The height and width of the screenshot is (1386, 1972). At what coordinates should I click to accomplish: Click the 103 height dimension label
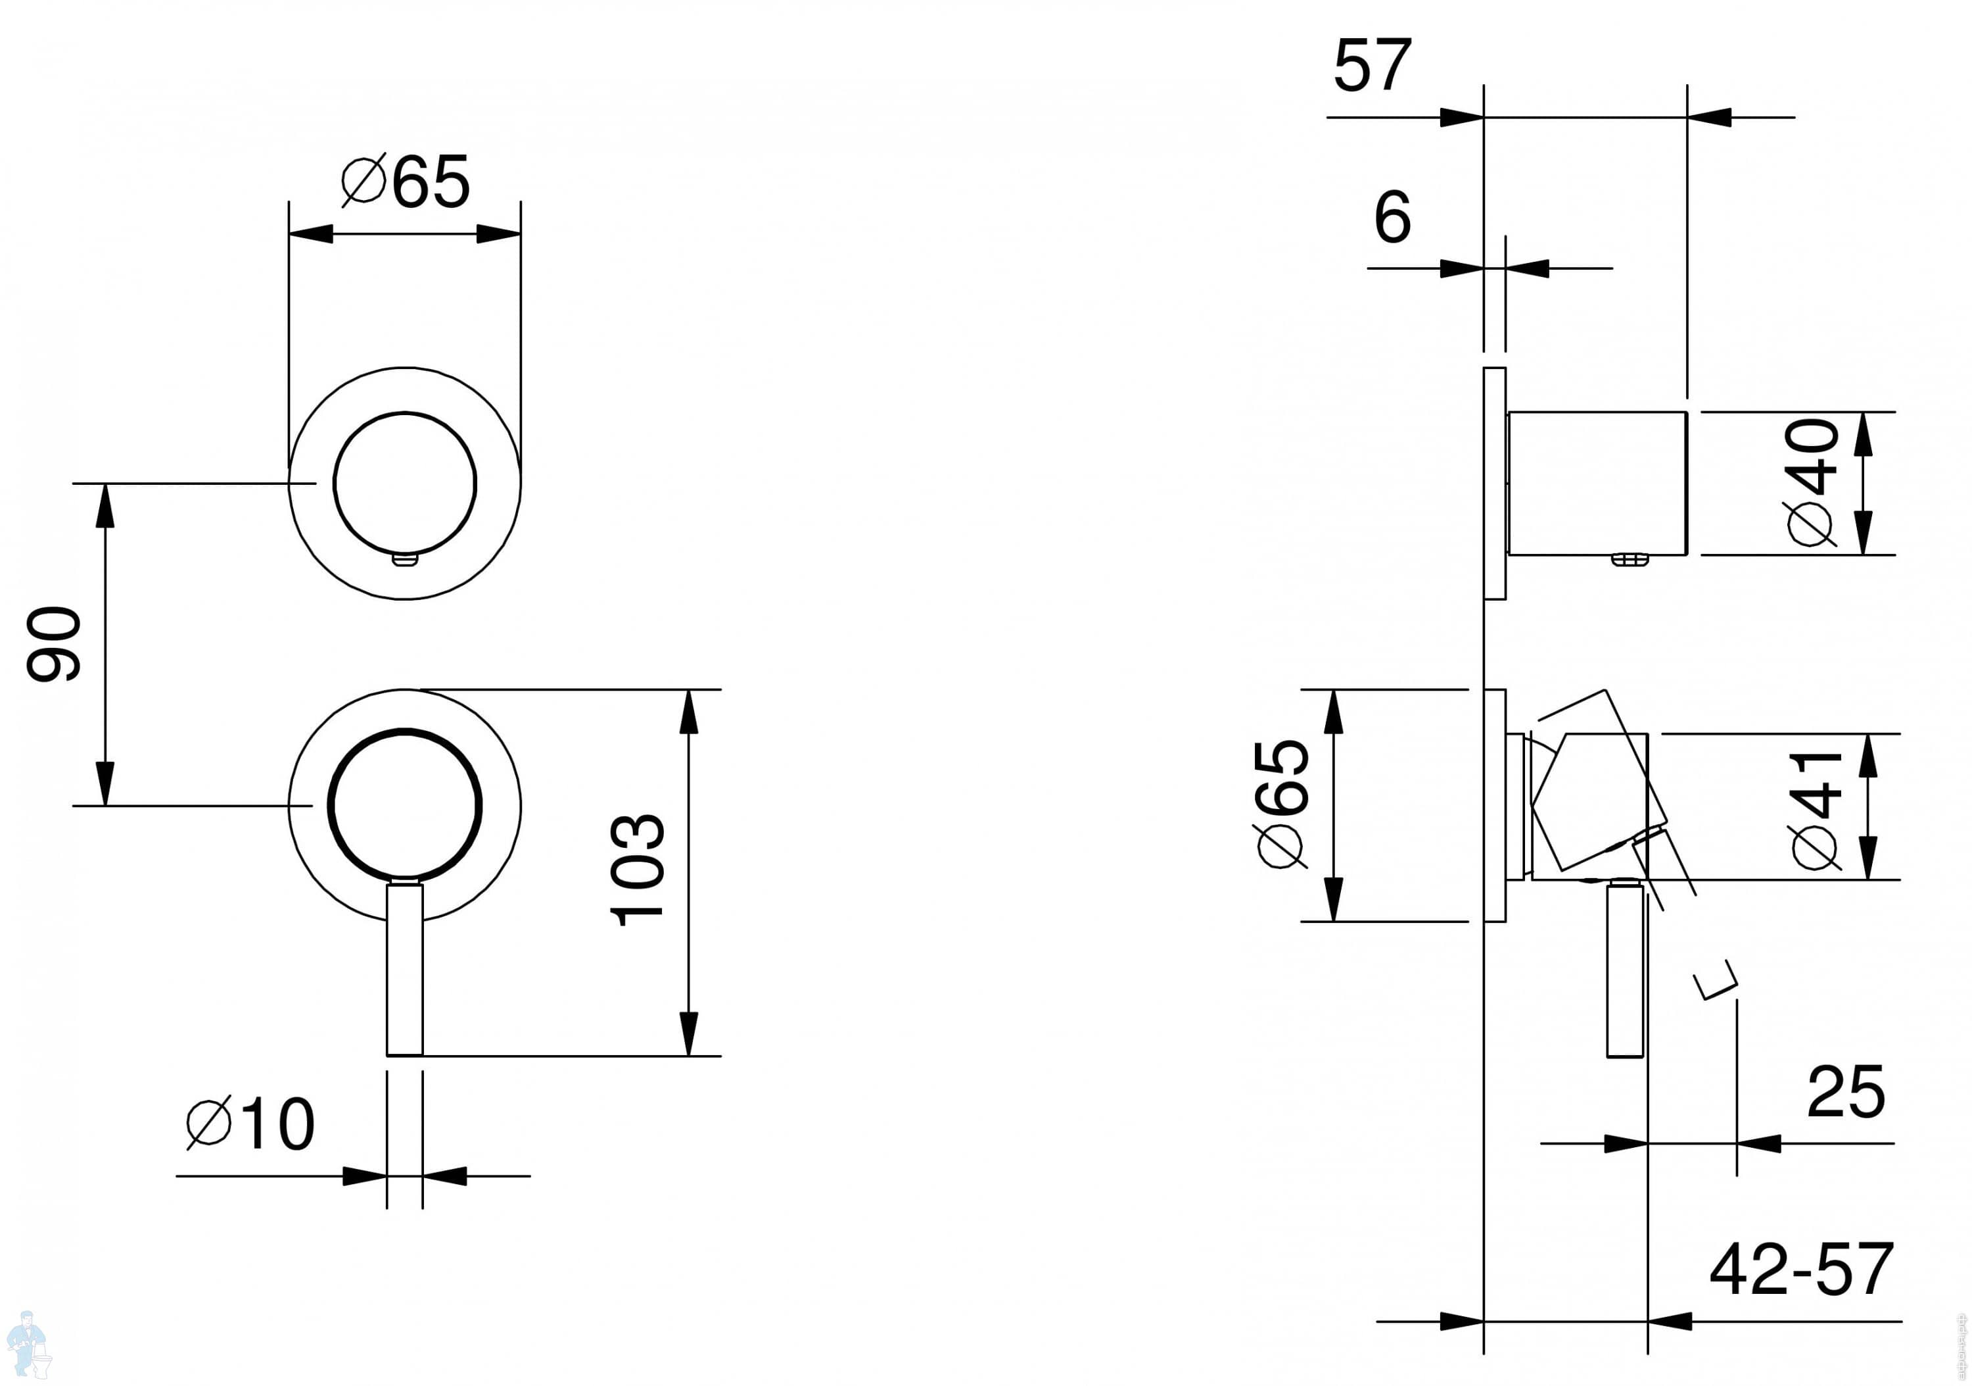point(638,870)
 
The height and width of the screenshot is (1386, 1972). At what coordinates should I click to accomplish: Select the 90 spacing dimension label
point(53,645)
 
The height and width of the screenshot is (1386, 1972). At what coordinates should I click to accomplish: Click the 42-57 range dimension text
point(1801,1268)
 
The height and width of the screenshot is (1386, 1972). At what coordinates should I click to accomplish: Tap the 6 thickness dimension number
point(1392,216)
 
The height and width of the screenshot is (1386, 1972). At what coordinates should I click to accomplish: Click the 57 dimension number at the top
point(1373,64)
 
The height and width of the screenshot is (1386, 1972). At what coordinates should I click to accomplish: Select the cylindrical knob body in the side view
point(1597,483)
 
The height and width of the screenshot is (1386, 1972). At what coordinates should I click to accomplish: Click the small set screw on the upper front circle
point(406,560)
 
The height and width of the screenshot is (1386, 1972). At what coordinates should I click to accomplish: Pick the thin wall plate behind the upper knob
point(1495,483)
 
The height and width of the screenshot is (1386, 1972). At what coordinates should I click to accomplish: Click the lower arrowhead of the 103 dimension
point(688,1033)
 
